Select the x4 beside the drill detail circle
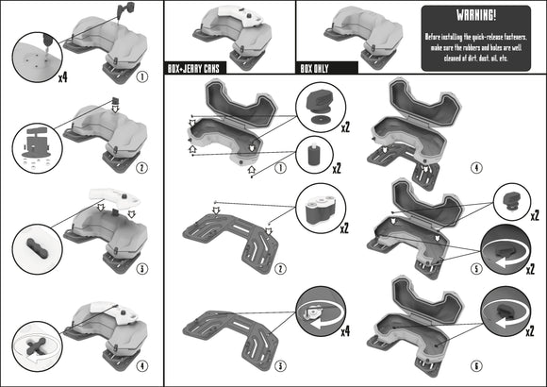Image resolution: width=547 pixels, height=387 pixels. [62, 76]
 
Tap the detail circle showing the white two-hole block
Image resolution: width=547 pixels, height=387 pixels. [317, 207]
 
